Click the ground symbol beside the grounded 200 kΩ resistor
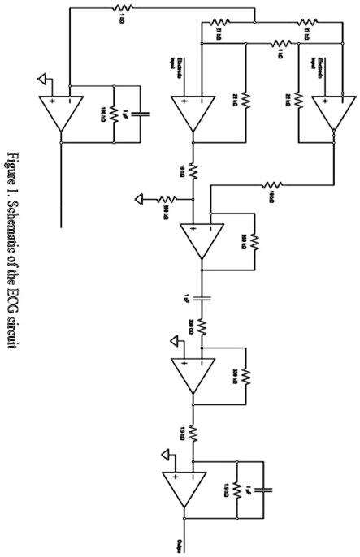pos(141,197)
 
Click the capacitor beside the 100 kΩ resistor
pos(140,112)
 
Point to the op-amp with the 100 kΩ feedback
pos(60,111)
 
